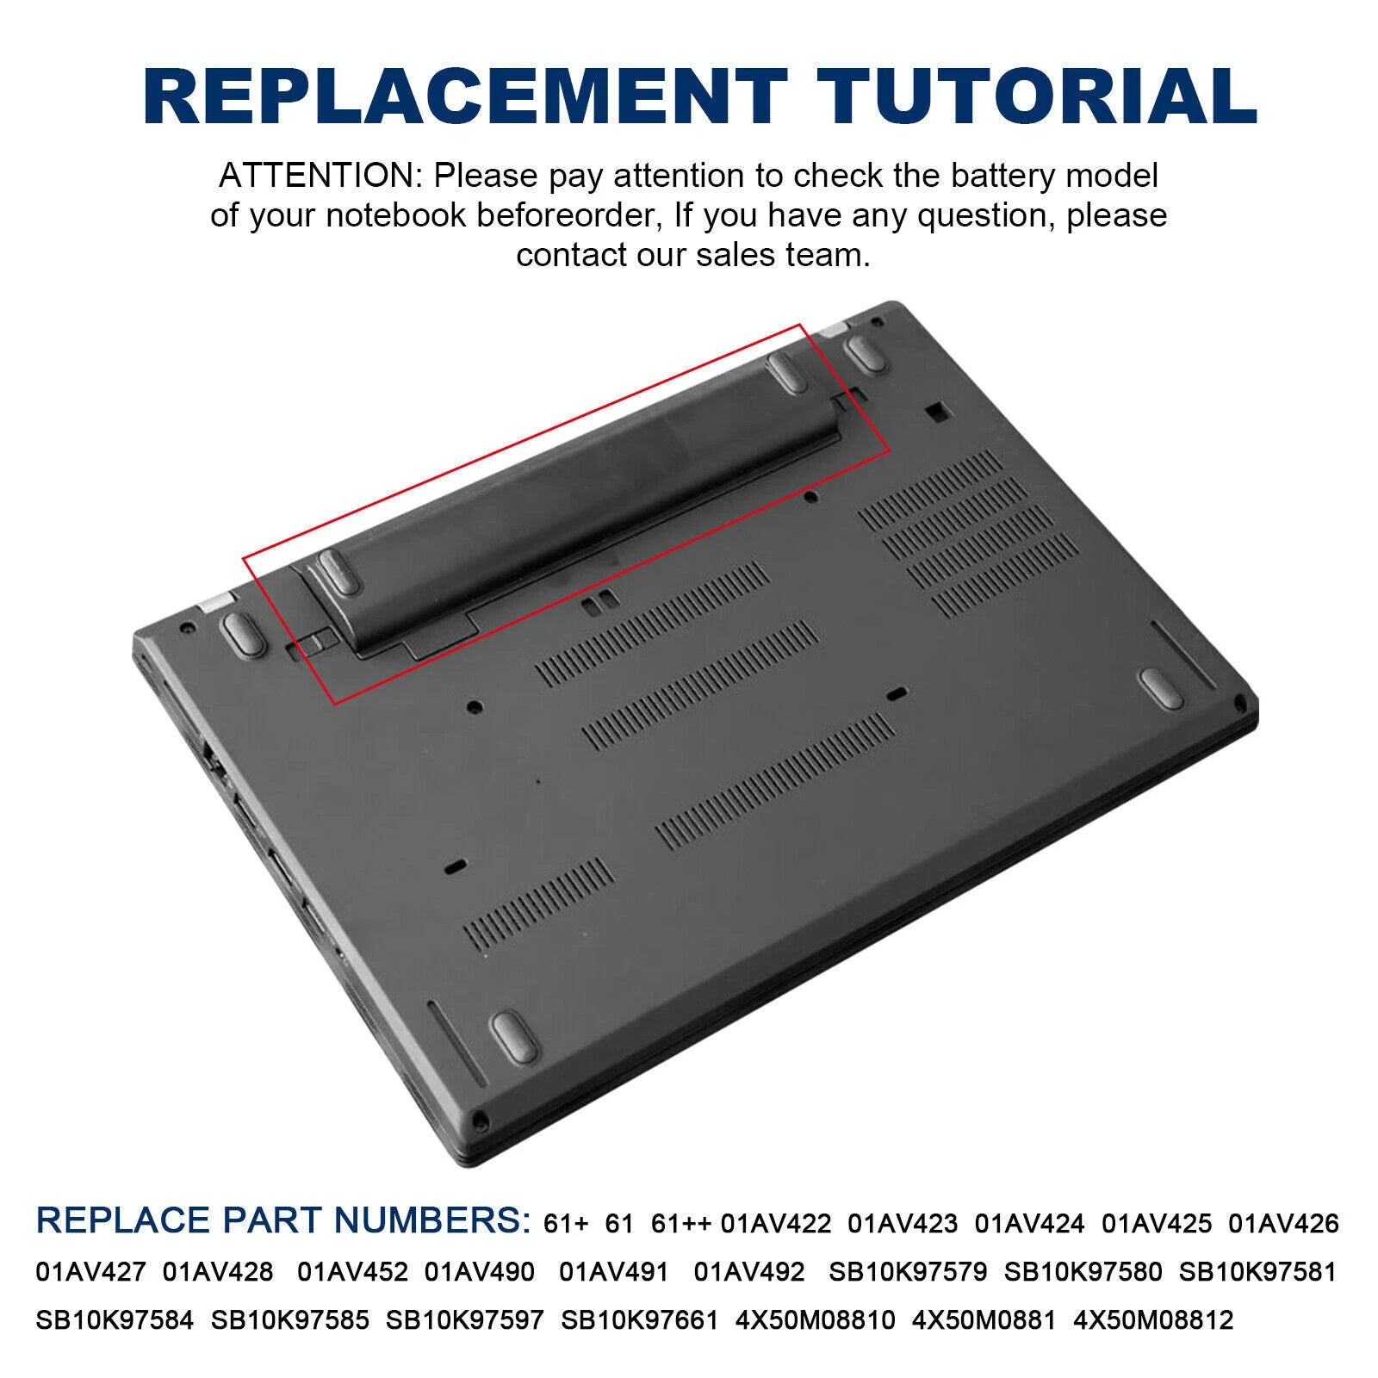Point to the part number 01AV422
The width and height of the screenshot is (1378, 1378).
coord(776,1224)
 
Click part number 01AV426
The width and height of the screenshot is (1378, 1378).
coord(1283,1224)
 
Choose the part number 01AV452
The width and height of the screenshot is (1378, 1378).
coord(353,1272)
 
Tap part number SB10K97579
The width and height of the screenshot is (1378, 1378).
coord(908,1272)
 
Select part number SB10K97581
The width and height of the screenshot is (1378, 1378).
coord(1257,1272)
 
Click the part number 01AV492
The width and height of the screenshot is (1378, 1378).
coord(749,1272)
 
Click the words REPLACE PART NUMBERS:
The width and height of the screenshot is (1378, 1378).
coord(284,1221)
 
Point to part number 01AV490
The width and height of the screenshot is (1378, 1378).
coord(480,1272)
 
